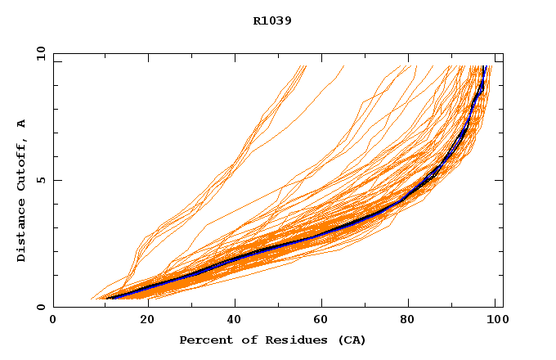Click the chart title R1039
click(273, 20)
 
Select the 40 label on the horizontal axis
click(234, 320)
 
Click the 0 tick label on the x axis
click(53, 320)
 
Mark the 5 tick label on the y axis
click(40, 180)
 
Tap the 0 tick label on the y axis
click(40, 307)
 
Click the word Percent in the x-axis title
click(204, 340)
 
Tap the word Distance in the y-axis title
click(21, 232)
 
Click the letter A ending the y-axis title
click(21, 124)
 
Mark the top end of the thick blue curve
click(485, 66)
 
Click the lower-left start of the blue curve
click(107, 298)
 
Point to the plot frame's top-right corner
click(503, 53)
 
